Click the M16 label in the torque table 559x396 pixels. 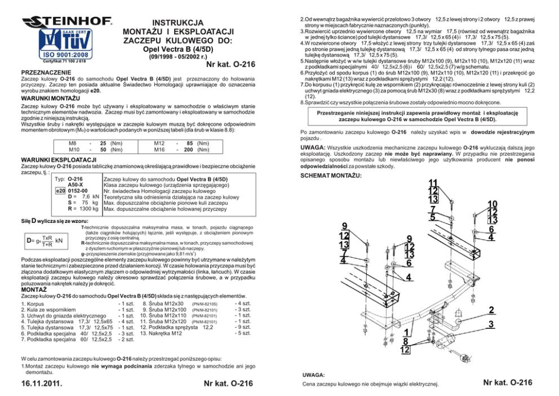(x=160, y=150)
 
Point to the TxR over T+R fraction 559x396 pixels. (x=47, y=241)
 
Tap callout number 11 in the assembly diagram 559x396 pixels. (x=434, y=183)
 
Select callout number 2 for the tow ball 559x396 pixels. (x=492, y=310)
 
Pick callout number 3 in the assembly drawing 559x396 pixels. (x=492, y=324)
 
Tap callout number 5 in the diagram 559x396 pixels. (x=433, y=218)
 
